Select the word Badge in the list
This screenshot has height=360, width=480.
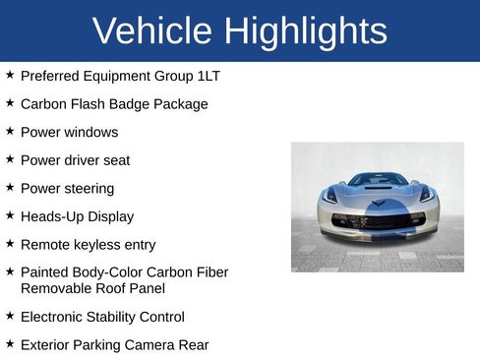click(x=135, y=103)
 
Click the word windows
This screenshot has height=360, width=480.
click(x=91, y=132)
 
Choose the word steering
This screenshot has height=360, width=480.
click(x=89, y=188)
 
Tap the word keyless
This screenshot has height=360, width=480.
click(x=103, y=245)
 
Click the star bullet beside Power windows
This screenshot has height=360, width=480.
click(x=10, y=131)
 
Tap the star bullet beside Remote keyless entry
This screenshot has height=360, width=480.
click(x=10, y=243)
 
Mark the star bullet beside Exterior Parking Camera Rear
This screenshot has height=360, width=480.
click(x=10, y=343)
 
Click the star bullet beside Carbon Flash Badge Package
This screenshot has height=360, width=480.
click(x=10, y=102)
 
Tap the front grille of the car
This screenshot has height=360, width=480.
click(x=377, y=220)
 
